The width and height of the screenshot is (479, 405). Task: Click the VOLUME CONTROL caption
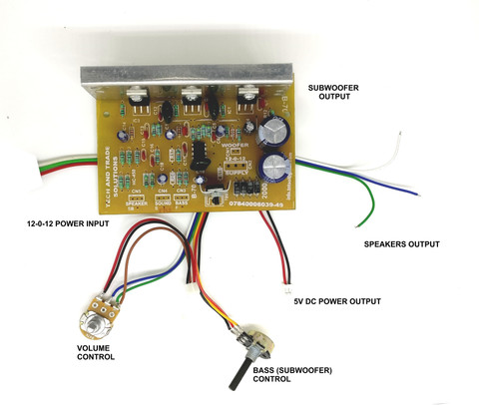click(x=96, y=351)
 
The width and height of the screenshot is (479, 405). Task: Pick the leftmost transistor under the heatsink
click(x=138, y=99)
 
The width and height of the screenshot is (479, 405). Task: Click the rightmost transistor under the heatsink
click(x=248, y=100)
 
